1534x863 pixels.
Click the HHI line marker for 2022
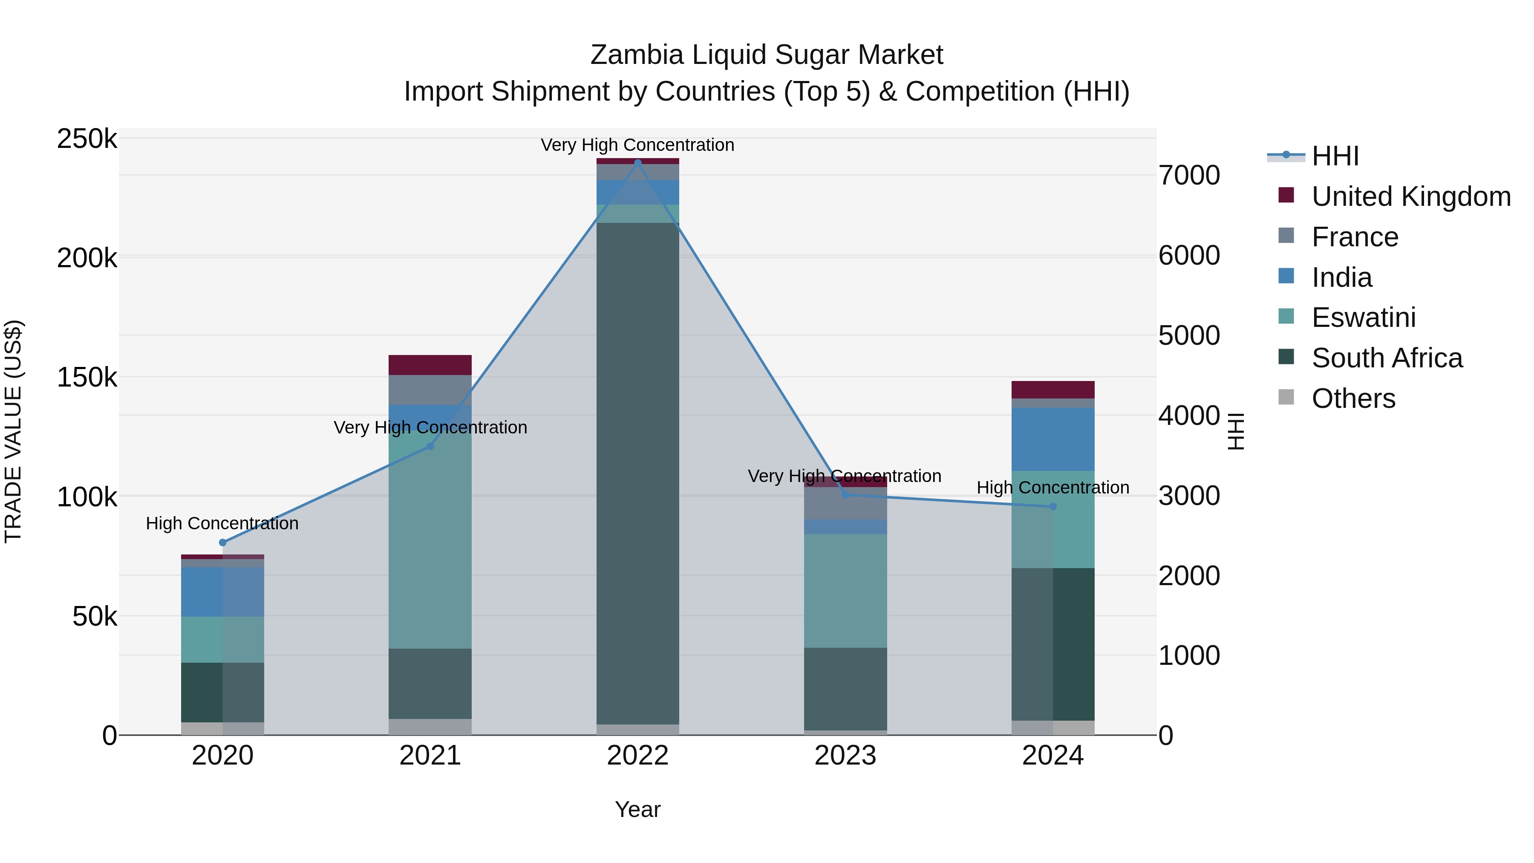[x=638, y=163]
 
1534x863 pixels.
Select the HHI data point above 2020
[x=223, y=543]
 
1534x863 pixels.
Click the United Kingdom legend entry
[x=1410, y=196]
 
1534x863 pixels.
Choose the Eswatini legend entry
[x=1363, y=317]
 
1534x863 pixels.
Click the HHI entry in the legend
[x=1335, y=156]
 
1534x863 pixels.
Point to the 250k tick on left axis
[x=87, y=139]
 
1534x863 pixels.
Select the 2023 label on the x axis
[x=845, y=756]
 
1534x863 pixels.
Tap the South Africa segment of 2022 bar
[x=638, y=473]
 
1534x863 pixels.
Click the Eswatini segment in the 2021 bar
[x=430, y=539]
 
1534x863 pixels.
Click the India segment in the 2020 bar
[x=223, y=592]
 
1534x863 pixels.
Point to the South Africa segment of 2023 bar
[x=845, y=689]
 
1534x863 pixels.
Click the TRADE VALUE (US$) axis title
[x=13, y=431]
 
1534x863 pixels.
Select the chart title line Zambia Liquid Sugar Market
[x=767, y=55]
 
